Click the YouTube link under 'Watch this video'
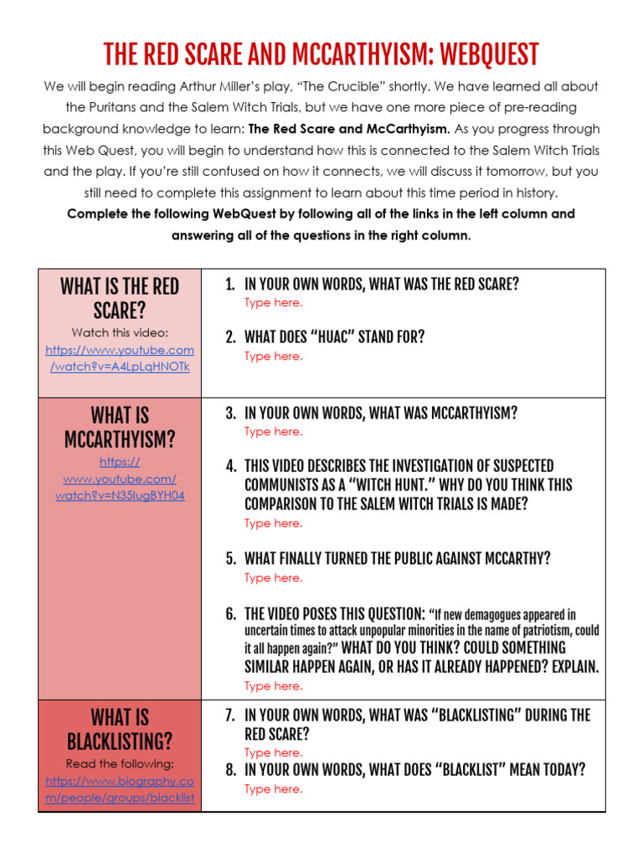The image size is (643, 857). (120, 358)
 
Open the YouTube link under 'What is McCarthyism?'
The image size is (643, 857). (120, 479)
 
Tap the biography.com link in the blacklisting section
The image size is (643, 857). (120, 789)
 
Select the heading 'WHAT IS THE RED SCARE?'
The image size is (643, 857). (120, 299)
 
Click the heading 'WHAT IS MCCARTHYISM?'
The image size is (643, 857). (120, 427)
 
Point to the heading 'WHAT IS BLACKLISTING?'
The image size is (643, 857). (120, 729)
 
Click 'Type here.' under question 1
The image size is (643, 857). (274, 302)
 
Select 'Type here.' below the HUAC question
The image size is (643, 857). (274, 356)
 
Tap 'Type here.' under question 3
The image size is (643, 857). (274, 431)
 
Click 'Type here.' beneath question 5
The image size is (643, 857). (274, 577)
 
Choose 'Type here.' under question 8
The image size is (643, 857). (274, 788)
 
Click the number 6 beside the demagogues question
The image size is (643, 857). (229, 613)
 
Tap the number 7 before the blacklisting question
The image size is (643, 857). (229, 715)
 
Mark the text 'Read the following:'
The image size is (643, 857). (120, 763)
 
